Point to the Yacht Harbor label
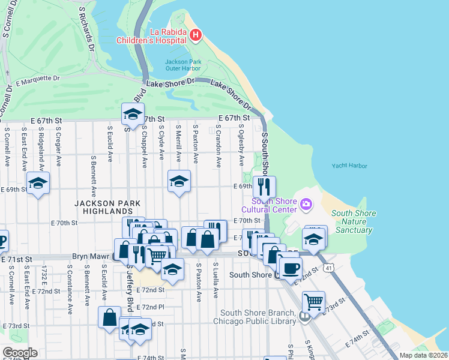coord(349,166)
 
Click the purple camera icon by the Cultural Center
coord(306,205)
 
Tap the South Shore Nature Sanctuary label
coord(354,221)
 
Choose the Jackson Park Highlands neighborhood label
coord(103,207)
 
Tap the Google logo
coord(20,353)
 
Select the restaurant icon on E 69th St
coord(264,185)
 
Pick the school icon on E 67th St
coord(133,113)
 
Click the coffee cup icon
coord(291,268)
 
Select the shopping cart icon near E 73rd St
coord(313,301)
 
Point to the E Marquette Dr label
coord(38,79)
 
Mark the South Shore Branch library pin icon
coord(305,316)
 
